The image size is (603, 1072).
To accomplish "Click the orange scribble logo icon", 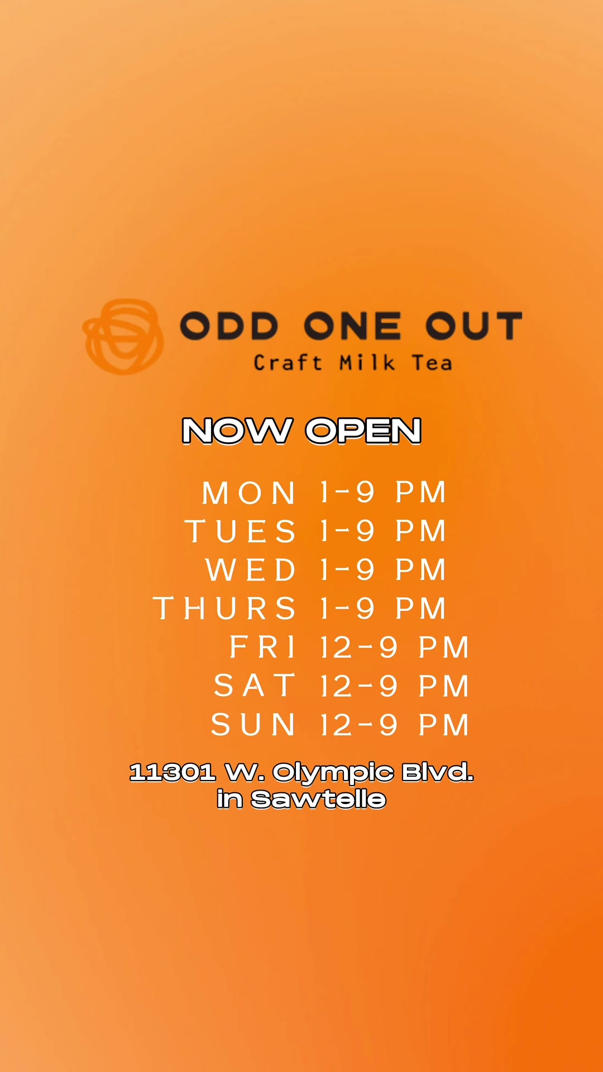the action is click(x=123, y=337).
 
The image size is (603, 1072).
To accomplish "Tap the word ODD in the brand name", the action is click(x=229, y=326).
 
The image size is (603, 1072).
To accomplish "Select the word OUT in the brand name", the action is click(x=474, y=326).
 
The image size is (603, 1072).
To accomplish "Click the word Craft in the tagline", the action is click(x=288, y=363).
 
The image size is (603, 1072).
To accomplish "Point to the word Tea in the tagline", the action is click(x=432, y=363).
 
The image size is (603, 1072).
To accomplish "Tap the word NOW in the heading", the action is click(x=237, y=431).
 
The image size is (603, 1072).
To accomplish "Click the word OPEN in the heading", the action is click(x=363, y=431).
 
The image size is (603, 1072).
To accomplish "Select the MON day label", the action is click(x=249, y=493).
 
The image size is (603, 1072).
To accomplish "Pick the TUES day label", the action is click(x=241, y=531).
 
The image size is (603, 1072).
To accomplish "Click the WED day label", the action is click(x=251, y=570).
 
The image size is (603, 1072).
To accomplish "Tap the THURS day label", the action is click(x=224, y=609).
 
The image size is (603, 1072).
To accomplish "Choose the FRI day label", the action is click(x=262, y=648).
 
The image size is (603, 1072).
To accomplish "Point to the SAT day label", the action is click(x=255, y=686).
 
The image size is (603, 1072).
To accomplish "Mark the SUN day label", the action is click(x=253, y=725).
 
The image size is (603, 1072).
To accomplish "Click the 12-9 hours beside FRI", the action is click(x=359, y=648).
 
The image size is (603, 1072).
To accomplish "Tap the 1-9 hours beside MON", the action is click(x=347, y=492).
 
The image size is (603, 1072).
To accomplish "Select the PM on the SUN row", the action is click(x=444, y=725).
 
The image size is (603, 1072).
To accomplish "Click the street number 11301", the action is click(x=173, y=773).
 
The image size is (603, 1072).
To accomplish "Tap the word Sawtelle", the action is click(x=319, y=800).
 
